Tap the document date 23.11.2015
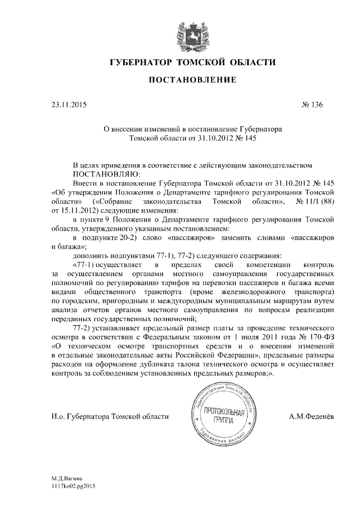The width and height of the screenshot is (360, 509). (69, 105)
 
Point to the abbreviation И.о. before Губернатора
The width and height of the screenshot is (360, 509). (57, 416)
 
